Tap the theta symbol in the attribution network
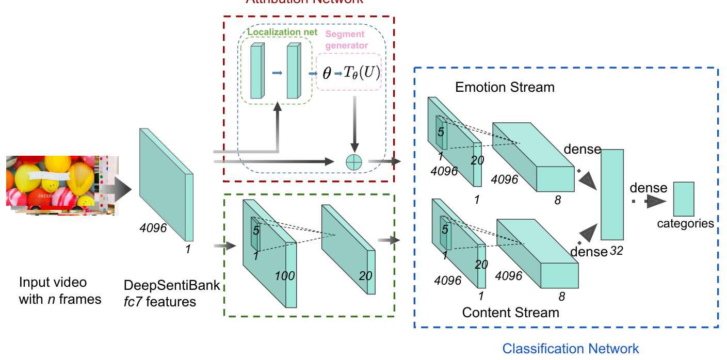[x=327, y=73]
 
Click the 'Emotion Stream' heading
[x=505, y=87]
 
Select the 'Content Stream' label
[x=510, y=312]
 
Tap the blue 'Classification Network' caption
[x=571, y=349]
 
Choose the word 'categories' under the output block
[x=685, y=223]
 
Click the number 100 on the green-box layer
[x=284, y=275]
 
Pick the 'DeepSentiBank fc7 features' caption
[x=172, y=293]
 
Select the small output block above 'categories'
[x=684, y=199]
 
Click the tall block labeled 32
[x=612, y=194]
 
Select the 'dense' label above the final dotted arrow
[x=649, y=188]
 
